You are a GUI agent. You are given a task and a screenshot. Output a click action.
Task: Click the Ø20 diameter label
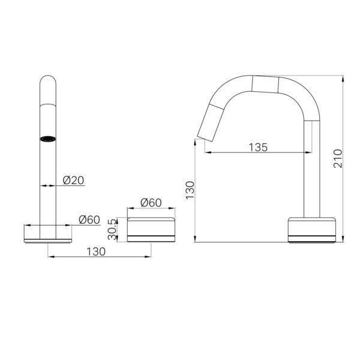pos(73,179)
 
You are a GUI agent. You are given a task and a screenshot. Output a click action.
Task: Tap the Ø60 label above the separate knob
pos(151,203)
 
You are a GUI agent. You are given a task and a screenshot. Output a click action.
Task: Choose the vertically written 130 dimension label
pos(190,190)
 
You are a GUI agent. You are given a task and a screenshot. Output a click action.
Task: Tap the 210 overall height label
pos(338,158)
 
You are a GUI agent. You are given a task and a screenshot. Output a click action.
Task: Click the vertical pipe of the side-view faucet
pos(311,174)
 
